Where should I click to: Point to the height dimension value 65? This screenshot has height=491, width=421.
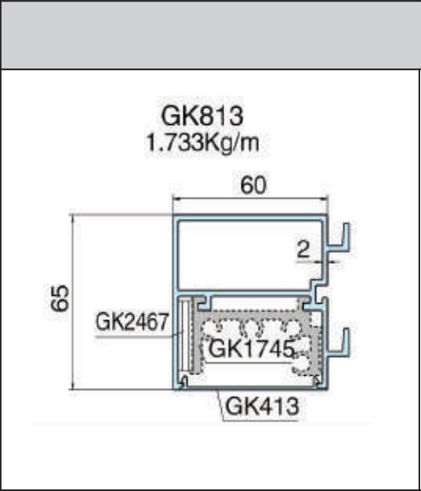(58, 298)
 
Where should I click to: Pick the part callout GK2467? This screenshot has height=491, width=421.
(131, 321)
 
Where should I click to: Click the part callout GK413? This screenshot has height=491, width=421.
(260, 404)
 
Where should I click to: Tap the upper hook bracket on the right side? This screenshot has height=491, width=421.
(341, 241)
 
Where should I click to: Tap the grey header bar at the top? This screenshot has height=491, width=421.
(210, 34)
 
